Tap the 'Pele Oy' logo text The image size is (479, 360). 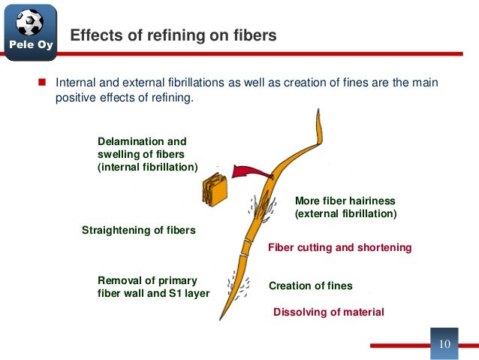click(x=30, y=47)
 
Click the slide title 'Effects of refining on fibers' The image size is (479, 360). click(x=173, y=35)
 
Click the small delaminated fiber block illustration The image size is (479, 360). click(x=214, y=189)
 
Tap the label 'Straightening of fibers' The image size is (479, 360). click(x=138, y=230)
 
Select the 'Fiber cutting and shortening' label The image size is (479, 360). click(x=339, y=247)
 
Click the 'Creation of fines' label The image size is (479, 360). click(x=310, y=286)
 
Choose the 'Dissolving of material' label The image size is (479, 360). click(x=328, y=312)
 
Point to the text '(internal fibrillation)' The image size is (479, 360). click(x=148, y=167)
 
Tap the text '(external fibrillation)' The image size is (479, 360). click(x=345, y=214)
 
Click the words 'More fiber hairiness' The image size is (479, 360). click(x=345, y=201)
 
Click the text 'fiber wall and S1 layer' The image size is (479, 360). click(x=153, y=293)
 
